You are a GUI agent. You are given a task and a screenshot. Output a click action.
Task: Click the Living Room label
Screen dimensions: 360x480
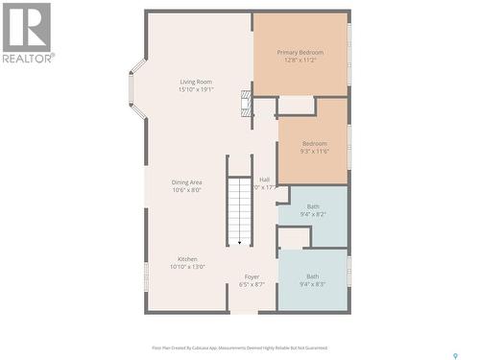click(x=196, y=82)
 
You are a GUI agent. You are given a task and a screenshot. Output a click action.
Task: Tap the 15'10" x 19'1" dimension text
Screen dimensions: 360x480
click(x=196, y=89)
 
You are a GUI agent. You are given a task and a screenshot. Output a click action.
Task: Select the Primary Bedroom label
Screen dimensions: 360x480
click(x=300, y=52)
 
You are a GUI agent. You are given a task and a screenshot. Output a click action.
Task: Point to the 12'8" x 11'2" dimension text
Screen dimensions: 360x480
click(x=300, y=60)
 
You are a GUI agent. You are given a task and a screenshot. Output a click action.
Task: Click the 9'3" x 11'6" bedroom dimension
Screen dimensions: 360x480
click(x=314, y=152)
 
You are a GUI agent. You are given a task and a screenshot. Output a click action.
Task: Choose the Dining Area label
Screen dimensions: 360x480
click(x=186, y=182)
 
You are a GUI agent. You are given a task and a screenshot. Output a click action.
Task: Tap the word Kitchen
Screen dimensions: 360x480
click(x=186, y=259)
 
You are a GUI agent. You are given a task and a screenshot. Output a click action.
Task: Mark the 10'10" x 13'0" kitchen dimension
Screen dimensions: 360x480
click(x=186, y=267)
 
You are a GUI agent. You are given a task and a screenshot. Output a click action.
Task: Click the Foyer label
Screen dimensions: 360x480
click(x=251, y=276)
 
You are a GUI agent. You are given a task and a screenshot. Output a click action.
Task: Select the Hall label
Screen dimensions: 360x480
click(x=264, y=180)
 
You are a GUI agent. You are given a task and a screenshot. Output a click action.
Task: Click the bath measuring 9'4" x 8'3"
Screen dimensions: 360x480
click(x=313, y=280)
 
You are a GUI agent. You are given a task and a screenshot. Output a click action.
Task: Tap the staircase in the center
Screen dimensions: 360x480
click(x=239, y=206)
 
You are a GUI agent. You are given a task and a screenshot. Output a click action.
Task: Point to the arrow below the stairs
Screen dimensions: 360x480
click(x=239, y=243)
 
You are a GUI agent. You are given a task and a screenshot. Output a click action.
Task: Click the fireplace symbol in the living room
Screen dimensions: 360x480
click(x=247, y=105)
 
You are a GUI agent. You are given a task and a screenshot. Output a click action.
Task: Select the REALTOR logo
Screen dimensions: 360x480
click(x=27, y=33)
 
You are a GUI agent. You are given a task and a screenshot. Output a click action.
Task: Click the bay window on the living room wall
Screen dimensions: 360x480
click(x=137, y=86)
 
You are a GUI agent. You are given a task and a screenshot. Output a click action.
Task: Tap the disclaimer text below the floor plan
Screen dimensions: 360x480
click(x=239, y=348)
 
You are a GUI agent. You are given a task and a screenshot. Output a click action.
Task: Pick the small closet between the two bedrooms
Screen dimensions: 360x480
click(x=296, y=105)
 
